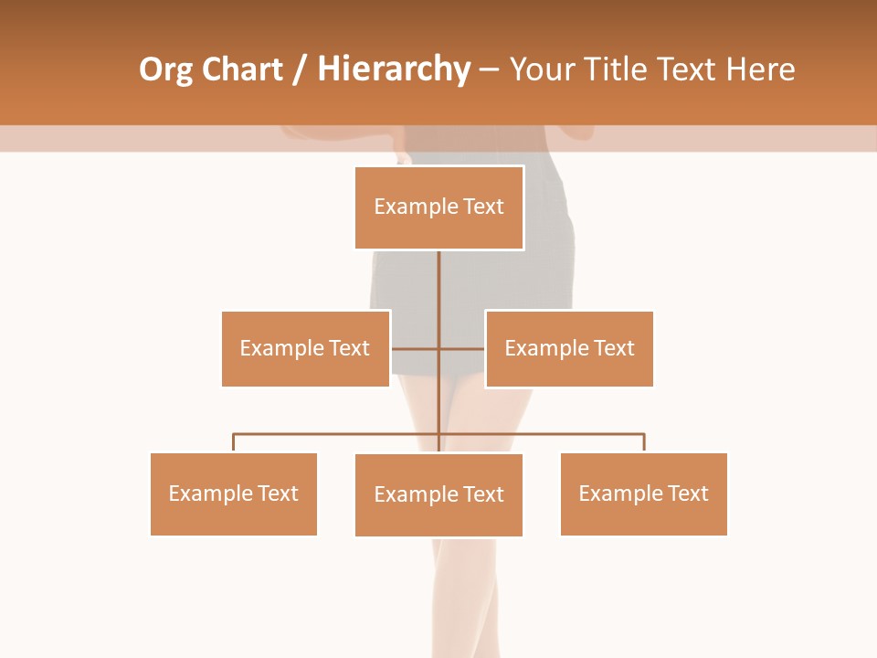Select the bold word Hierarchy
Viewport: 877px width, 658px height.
coord(394,69)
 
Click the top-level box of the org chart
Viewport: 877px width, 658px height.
coord(438,207)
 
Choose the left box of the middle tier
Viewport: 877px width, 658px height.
coord(305,348)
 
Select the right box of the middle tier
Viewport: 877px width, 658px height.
coord(569,348)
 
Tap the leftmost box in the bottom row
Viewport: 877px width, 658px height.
coord(233,493)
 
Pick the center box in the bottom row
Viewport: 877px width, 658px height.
coord(438,494)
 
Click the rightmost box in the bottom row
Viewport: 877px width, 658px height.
coord(643,493)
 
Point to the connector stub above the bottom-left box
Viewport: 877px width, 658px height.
coord(233,442)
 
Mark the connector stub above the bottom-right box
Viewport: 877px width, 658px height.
coord(644,442)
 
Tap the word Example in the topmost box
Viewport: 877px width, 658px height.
coord(407,207)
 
